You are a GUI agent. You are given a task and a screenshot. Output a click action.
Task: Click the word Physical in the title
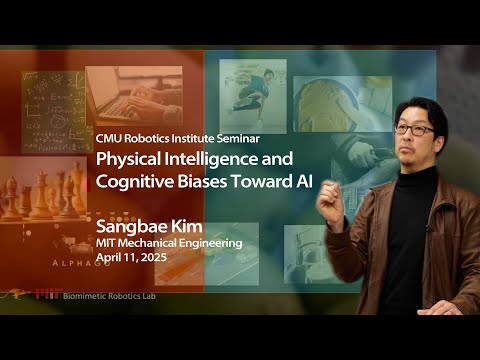pyautogui.click(x=124, y=160)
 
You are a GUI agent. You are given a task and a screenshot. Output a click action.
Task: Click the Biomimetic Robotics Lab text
pyautogui.click(x=130, y=296)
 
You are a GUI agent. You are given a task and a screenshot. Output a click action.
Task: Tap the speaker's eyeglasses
pyautogui.click(x=413, y=130)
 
